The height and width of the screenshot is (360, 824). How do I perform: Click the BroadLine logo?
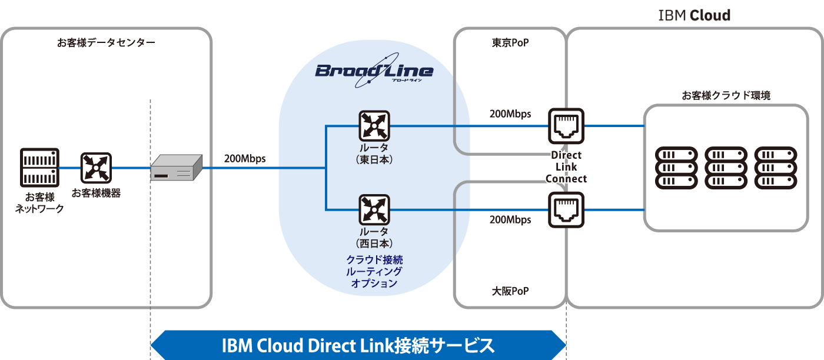pos(374,71)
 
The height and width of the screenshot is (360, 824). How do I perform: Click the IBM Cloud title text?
pos(694,15)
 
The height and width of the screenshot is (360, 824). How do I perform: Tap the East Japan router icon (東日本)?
pos(374,125)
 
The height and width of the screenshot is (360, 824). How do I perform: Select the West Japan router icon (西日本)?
pos(374,209)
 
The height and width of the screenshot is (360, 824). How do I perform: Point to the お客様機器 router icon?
pos(96,168)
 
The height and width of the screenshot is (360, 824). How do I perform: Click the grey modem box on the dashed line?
pos(176,168)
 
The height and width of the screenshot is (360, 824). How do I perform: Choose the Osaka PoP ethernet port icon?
pos(566,209)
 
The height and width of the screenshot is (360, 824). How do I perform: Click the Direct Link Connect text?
pos(566,167)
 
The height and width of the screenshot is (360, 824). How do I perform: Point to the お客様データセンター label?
pos(107,43)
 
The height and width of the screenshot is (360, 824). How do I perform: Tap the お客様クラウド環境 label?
pos(726,95)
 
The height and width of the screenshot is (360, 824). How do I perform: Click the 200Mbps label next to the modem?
pos(245,158)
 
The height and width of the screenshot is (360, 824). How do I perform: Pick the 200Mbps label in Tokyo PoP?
pos(510,114)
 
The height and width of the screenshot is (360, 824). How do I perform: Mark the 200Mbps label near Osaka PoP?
pos(510,220)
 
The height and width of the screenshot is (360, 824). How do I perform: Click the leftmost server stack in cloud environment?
pos(676,167)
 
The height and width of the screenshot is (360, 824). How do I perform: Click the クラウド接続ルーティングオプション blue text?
pos(374,271)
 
